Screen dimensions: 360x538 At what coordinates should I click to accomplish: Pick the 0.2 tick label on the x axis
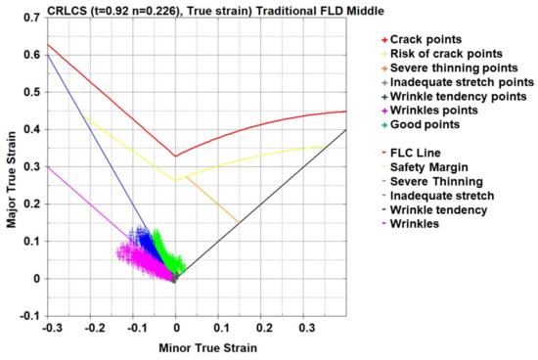[x=263, y=331]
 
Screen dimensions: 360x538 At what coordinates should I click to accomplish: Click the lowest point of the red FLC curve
[x=175, y=156]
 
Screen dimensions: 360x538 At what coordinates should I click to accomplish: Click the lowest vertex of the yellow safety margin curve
[x=176, y=181]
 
